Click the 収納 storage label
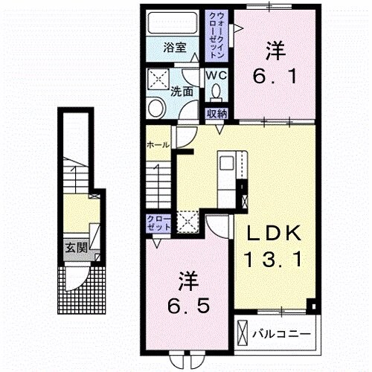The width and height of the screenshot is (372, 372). coord(217,114)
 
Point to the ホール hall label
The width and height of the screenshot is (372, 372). coord(158,144)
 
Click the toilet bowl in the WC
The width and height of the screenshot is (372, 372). coord(217,92)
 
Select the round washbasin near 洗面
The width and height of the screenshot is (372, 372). coord(157,109)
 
